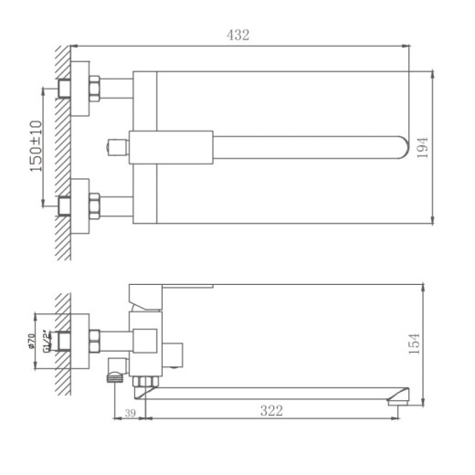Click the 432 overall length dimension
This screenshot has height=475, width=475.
point(237,35)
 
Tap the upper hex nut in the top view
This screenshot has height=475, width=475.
point(93,89)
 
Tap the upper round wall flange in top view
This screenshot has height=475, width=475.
point(80,89)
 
